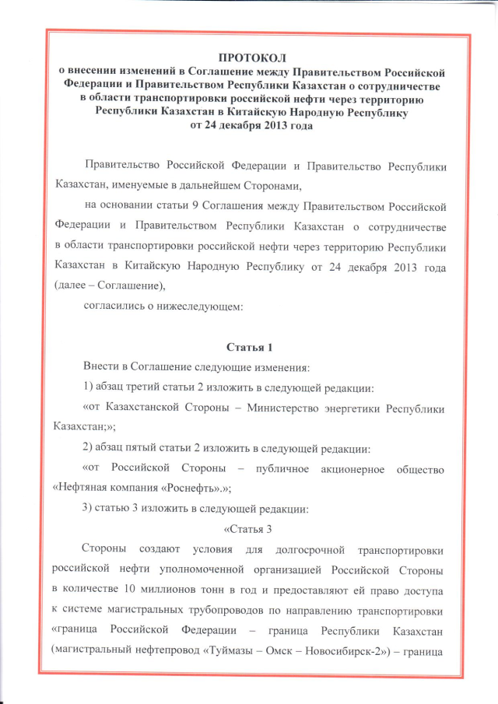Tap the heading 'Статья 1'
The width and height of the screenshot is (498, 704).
(248, 345)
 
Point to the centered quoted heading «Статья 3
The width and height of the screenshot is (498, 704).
(251, 529)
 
